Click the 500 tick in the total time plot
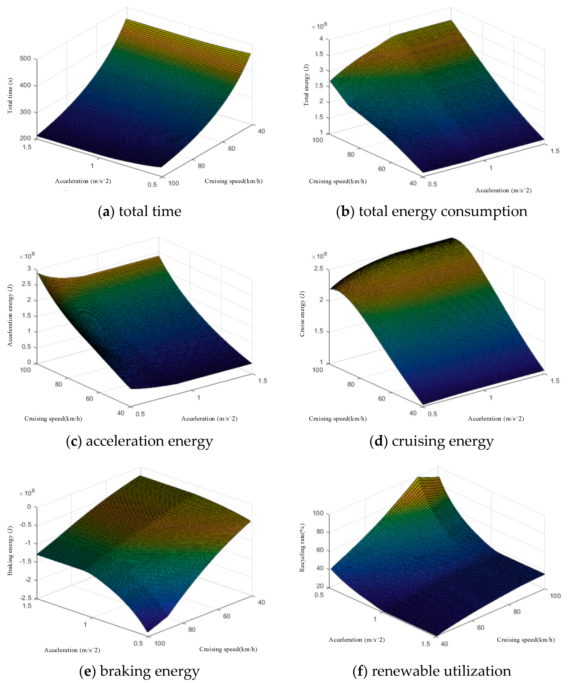[25, 59]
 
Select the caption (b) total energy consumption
[431, 211]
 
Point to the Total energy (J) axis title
[306, 85]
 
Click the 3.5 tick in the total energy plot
[320, 54]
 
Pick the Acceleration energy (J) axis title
[10, 316]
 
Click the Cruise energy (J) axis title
[302, 314]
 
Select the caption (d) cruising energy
[431, 441]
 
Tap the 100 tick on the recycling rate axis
[318, 513]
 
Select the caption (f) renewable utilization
[431, 671]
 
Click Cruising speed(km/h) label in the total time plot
[233, 181]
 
